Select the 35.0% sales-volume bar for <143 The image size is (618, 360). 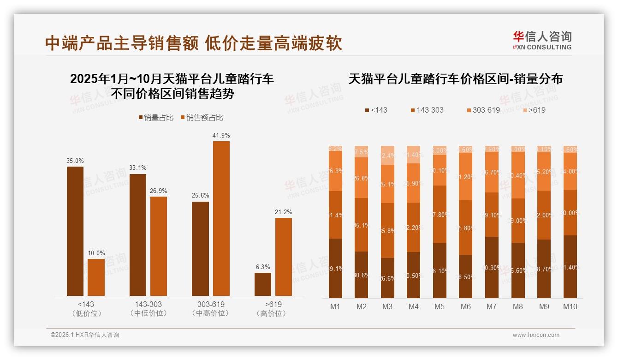tap(75, 231)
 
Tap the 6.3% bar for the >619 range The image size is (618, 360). tap(263, 284)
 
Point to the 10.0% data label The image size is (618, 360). tap(96, 253)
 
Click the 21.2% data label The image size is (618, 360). tap(284, 212)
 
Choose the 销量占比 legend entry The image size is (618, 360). tap(156, 118)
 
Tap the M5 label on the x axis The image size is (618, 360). tap(440, 306)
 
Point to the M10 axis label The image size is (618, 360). tap(570, 306)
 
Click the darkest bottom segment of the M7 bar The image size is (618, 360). tap(492, 268)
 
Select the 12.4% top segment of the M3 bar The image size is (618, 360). tap(387, 156)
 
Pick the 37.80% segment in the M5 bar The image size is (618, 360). tap(440, 214)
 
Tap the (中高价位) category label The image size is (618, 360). tap(211, 313)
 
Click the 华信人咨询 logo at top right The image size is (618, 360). tap(542, 40)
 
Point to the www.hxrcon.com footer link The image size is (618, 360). tap(536, 335)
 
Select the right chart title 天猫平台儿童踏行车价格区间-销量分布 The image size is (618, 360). tap(456, 79)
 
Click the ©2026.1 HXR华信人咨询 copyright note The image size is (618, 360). tap(85, 335)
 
